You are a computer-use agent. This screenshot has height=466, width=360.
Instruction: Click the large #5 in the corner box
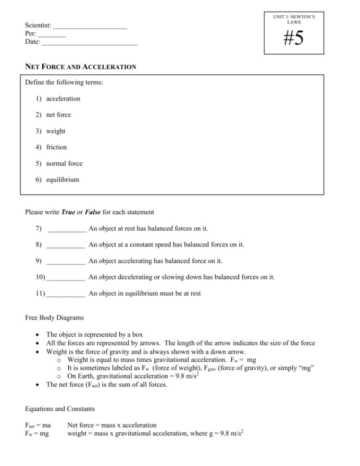click(x=293, y=38)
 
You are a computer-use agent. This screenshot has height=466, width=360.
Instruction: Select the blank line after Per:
click(x=52, y=35)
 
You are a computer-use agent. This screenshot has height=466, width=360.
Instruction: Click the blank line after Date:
click(x=89, y=43)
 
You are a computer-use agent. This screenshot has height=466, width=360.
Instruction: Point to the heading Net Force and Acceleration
click(x=80, y=67)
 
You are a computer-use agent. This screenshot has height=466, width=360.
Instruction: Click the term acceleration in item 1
click(x=63, y=98)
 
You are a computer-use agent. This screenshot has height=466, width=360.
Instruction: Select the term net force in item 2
click(x=58, y=115)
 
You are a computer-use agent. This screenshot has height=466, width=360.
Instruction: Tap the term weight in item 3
click(x=56, y=131)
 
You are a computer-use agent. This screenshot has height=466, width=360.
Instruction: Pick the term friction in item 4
click(x=56, y=147)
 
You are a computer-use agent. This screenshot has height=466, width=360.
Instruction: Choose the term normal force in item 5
click(x=64, y=163)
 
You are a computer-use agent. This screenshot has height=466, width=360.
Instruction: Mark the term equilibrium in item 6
click(x=62, y=180)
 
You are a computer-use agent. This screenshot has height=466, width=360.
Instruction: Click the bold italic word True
click(x=68, y=212)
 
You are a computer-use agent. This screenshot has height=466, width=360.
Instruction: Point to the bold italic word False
click(x=93, y=212)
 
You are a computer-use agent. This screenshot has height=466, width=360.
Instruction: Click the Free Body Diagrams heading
click(x=54, y=318)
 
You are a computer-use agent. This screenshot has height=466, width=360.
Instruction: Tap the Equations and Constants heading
click(x=60, y=409)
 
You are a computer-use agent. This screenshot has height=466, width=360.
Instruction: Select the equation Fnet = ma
click(x=37, y=425)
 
